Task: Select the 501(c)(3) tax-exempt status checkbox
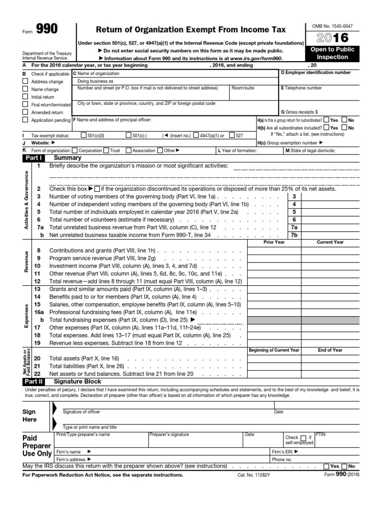tap(83, 135)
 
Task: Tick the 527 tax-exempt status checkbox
tap(232, 135)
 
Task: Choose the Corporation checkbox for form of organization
tap(75, 150)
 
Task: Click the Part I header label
tap(33, 158)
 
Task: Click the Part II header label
tap(33, 382)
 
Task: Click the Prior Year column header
tap(274, 242)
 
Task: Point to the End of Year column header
tap(330, 350)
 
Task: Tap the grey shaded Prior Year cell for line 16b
tap(274, 321)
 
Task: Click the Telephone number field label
tap(303, 88)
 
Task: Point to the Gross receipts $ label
tap(299, 112)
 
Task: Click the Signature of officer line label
tap(82, 412)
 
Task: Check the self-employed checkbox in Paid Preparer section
tap(303, 438)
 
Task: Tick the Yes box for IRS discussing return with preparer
tap(326, 466)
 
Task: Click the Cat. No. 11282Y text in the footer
tap(254, 475)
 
